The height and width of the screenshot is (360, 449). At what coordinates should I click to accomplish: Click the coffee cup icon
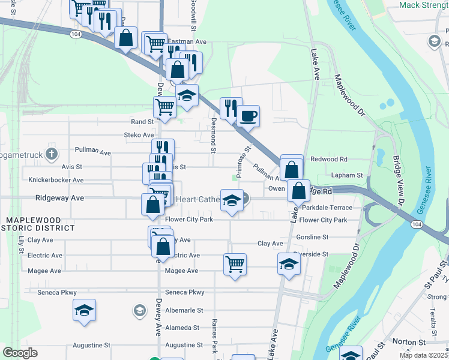pyautogui.click(x=247, y=116)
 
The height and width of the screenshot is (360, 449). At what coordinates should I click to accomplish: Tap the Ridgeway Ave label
pyautogui.click(x=59, y=197)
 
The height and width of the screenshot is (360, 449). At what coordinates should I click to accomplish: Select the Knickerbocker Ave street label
pyautogui.click(x=55, y=179)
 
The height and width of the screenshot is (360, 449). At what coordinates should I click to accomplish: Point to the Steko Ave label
pyautogui.click(x=139, y=135)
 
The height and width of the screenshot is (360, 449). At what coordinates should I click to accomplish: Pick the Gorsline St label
pyautogui.click(x=312, y=237)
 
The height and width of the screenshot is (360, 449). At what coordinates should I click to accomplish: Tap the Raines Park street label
pyautogui.click(x=215, y=336)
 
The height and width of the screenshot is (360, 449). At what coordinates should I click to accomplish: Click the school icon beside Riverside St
pyautogui.click(x=289, y=264)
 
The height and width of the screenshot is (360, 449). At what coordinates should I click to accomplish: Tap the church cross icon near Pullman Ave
pyautogui.click(x=52, y=153)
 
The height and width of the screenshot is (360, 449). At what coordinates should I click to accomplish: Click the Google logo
pyautogui.click(x=20, y=353)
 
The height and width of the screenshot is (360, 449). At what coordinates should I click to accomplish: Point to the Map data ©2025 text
pyautogui.click(x=423, y=355)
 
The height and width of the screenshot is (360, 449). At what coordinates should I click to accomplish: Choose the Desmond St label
pyautogui.click(x=213, y=142)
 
